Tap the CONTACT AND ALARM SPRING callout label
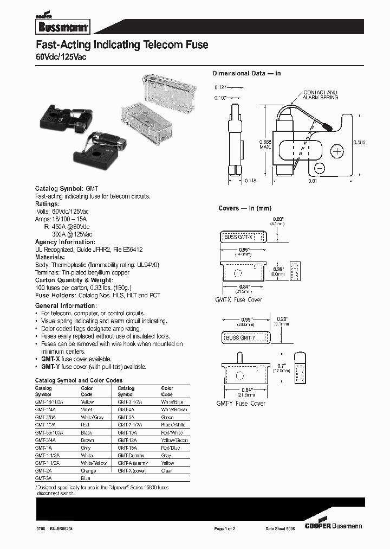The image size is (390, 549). click(x=320, y=95)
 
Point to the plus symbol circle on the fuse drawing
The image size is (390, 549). click(x=337, y=150)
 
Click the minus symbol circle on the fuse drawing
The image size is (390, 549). click(x=320, y=168)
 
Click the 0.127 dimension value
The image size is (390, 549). click(x=220, y=87)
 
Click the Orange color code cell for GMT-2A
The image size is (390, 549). click(x=88, y=471)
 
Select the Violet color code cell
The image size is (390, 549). click(x=87, y=410)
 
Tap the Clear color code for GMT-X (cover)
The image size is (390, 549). click(x=166, y=471)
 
